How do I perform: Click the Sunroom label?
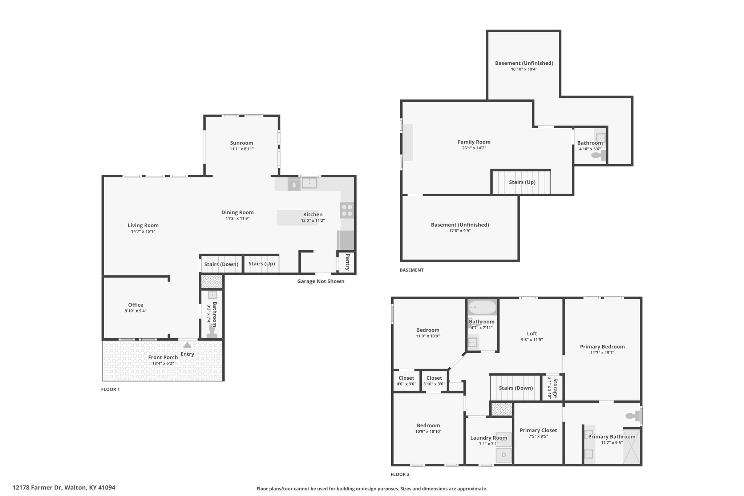pos(242,143)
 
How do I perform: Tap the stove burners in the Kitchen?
pos(347,210)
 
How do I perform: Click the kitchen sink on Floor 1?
pos(310,183)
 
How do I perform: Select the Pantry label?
pos(347,262)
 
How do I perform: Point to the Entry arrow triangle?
pos(187,345)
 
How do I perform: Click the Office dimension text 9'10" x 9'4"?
pos(136,311)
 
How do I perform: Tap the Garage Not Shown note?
pos(321,281)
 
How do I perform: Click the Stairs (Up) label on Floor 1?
pos(262,264)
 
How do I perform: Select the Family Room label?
pos(474,142)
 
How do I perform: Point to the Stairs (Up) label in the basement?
pos(522,182)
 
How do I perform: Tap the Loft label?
pos(532,334)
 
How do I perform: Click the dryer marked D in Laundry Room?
pos(504,455)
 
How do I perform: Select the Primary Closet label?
pos(538,430)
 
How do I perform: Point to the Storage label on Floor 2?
pos(554,387)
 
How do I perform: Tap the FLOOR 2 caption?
pos(400,474)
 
